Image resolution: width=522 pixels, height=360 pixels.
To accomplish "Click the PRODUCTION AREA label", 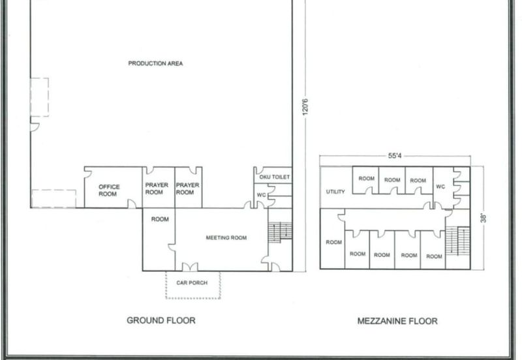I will click(x=155, y=63).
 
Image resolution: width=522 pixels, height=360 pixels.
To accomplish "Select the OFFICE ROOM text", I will click(x=109, y=190).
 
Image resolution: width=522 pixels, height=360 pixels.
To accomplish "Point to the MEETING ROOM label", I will click(x=226, y=237).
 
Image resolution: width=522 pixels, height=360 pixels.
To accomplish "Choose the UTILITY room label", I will click(x=335, y=192).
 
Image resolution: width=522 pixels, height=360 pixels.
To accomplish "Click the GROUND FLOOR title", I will click(x=161, y=321).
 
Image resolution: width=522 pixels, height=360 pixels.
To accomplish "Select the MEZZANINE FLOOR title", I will click(x=397, y=321).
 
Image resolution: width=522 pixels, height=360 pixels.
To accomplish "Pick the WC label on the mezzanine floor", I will click(x=441, y=187).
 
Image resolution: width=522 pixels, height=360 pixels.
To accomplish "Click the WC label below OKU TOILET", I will click(x=260, y=195).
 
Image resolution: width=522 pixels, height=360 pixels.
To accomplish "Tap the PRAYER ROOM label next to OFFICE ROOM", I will click(x=157, y=188).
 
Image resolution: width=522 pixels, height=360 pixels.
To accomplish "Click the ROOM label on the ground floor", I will click(x=160, y=219).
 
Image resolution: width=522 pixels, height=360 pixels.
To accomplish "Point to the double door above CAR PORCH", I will click(x=190, y=267).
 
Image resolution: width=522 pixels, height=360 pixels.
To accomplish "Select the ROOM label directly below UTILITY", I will click(x=334, y=242).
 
